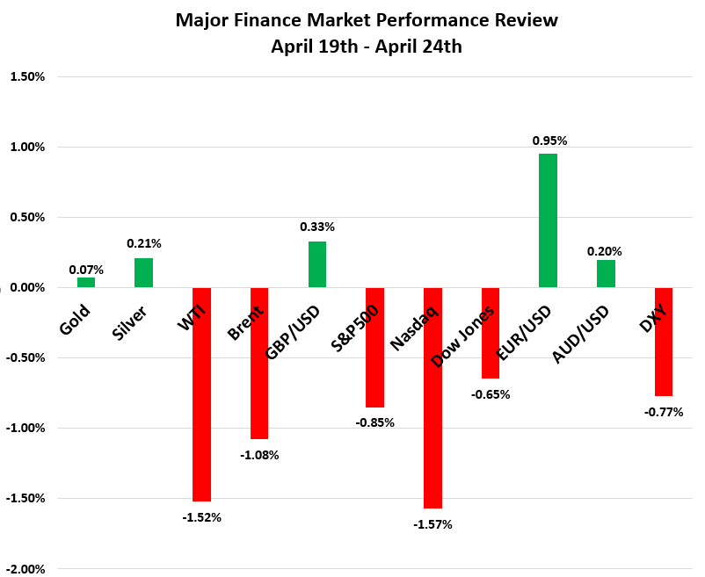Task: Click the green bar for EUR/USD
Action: pyautogui.click(x=548, y=220)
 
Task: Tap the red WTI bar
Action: pyautogui.click(x=201, y=394)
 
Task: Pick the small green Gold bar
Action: pyautogui.click(x=86, y=283)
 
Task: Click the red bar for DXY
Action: pyautogui.click(x=663, y=342)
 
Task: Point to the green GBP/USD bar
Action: pyautogui.click(x=317, y=264)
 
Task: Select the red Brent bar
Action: pyautogui.click(x=259, y=363)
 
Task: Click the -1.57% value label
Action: pyautogui.click(x=433, y=524)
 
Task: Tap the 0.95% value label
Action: pyautogui.click(x=549, y=140)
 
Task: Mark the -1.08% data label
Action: pyautogui.click(x=260, y=455)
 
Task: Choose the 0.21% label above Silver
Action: pyautogui.click(x=143, y=243)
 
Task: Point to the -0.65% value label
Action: pyautogui.click(x=491, y=394)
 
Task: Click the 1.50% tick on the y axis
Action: pyautogui.click(x=27, y=76)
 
